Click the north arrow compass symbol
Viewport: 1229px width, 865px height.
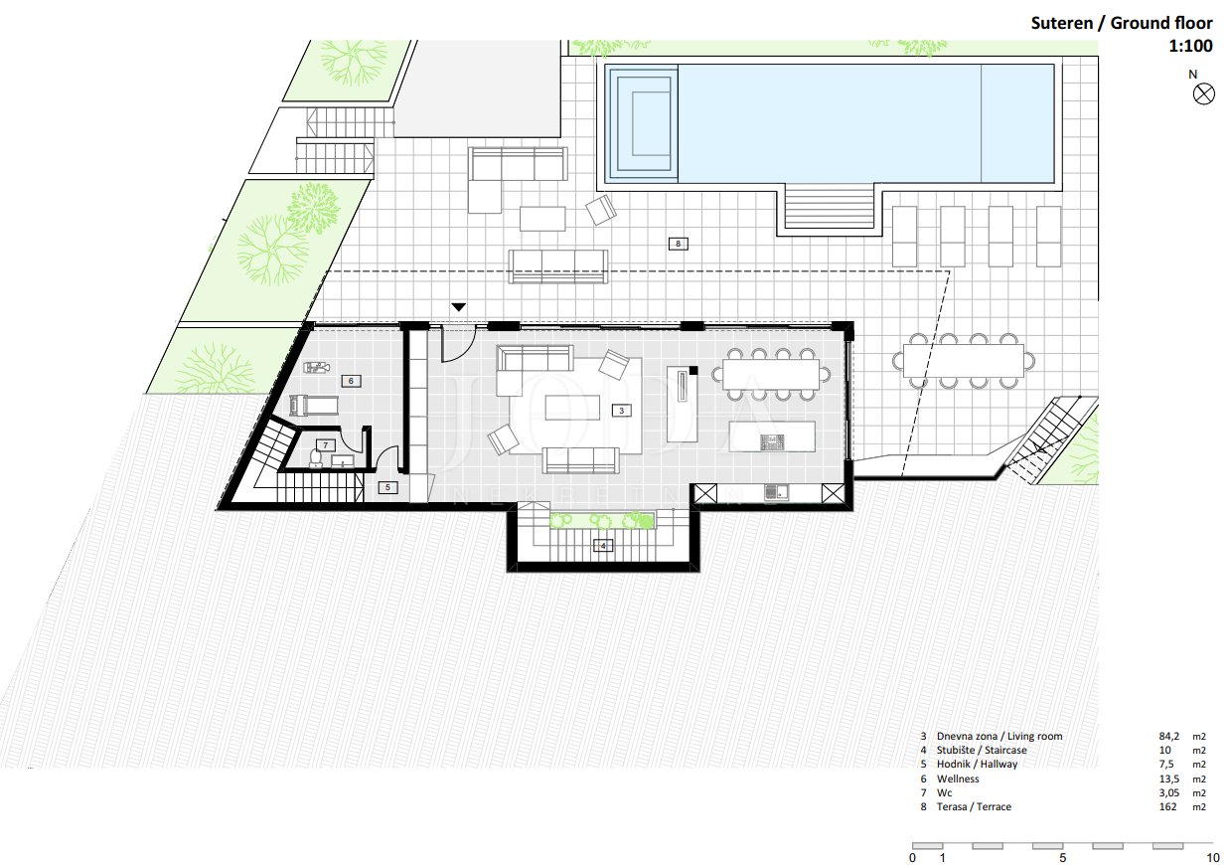coord(1203,94)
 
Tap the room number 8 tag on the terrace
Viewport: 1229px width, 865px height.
coord(679,244)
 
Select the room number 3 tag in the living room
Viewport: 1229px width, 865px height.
coord(621,411)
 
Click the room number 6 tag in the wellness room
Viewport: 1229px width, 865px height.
coord(351,381)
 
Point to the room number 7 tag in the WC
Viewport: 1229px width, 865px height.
coord(325,445)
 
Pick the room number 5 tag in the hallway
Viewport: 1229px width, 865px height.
coord(387,487)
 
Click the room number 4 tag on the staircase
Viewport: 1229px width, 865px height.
coord(603,546)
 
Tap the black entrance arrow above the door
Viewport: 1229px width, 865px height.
coord(459,307)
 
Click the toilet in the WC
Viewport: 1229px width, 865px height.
coord(316,458)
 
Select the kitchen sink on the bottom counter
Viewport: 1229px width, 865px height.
coord(776,492)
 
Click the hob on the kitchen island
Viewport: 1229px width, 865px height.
coord(772,441)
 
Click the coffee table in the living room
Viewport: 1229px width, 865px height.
coord(572,408)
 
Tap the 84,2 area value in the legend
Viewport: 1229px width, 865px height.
coord(1169,736)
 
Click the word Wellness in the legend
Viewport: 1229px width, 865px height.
coord(958,778)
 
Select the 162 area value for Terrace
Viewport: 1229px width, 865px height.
coord(1167,806)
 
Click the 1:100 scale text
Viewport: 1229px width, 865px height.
coord(1190,46)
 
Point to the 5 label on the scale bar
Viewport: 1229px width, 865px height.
coord(1063,857)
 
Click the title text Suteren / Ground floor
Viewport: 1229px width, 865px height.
coord(1122,23)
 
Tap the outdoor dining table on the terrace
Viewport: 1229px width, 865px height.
coord(964,361)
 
